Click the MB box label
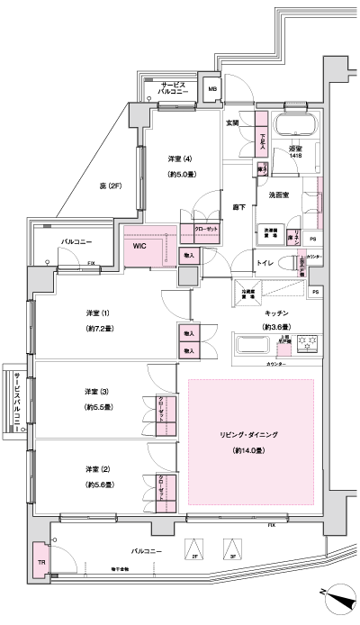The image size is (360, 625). [213, 90]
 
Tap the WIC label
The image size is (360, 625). [139, 244]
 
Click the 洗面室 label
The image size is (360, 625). [277, 195]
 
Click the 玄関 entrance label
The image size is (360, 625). [232, 122]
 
